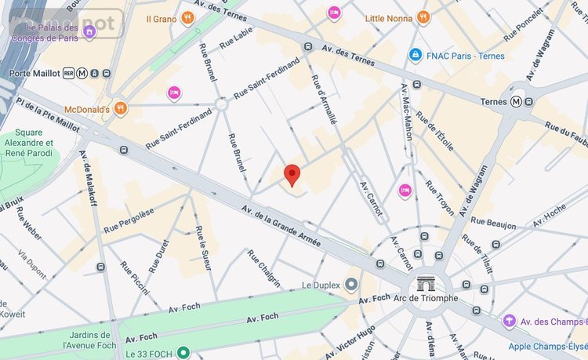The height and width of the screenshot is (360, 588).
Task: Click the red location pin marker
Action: [292, 175]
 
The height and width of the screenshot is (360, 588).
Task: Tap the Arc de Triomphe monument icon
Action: [426, 283]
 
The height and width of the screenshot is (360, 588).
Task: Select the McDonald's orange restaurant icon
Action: [120, 108]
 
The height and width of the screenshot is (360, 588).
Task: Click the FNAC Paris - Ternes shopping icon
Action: [414, 55]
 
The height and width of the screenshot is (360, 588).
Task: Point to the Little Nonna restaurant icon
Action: [423, 16]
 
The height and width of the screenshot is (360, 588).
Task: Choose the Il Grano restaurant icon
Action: [187, 16]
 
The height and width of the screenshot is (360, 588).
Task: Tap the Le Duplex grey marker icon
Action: [351, 284]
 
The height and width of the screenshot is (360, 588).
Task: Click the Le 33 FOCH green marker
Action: [183, 352]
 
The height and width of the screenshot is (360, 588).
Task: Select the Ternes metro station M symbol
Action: [517, 101]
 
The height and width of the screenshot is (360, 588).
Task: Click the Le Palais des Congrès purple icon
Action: [89, 31]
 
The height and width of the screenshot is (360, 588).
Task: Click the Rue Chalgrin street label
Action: [263, 269]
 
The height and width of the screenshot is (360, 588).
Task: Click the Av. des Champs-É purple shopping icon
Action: [510, 321]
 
